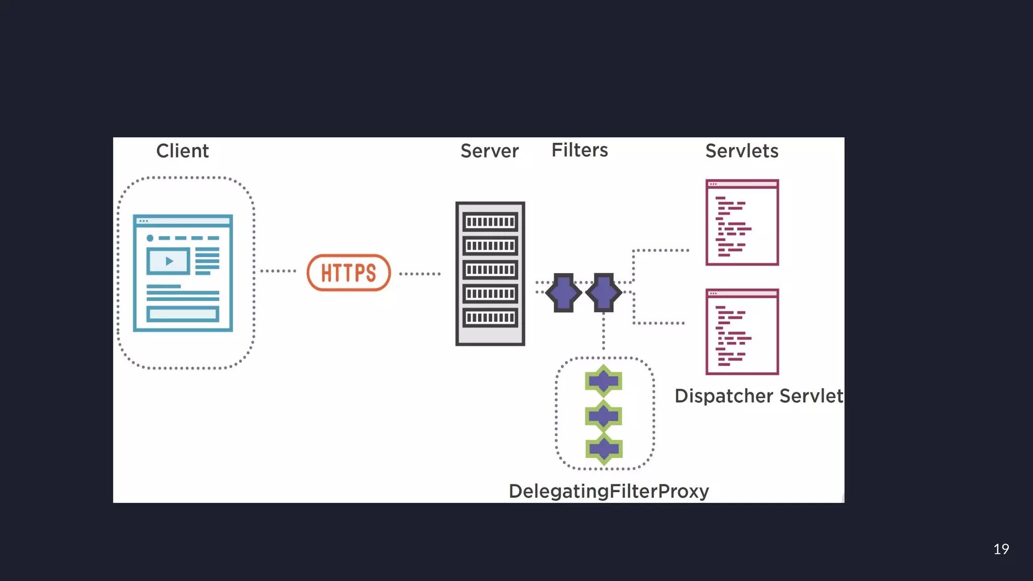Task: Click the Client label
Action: tap(182, 151)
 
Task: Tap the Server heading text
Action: tap(489, 151)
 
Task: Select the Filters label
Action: tap(580, 150)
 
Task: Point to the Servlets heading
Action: tap(741, 151)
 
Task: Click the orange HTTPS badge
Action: tap(349, 273)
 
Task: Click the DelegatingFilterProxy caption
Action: tap(608, 491)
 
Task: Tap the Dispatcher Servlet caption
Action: tap(759, 396)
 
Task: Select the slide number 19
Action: tap(1001, 549)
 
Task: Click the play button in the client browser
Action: tap(169, 261)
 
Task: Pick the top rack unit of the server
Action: tap(490, 222)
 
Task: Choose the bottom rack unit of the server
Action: tap(490, 318)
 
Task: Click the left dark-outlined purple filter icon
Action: tap(563, 293)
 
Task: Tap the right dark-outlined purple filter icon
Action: tap(604, 293)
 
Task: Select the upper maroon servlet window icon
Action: tap(742, 222)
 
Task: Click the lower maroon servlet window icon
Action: tap(742, 332)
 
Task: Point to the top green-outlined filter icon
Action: tap(604, 381)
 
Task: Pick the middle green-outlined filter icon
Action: tap(604, 416)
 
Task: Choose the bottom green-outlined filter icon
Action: tap(604, 449)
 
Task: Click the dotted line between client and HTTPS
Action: tap(278, 271)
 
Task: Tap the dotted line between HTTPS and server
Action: tap(420, 274)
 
